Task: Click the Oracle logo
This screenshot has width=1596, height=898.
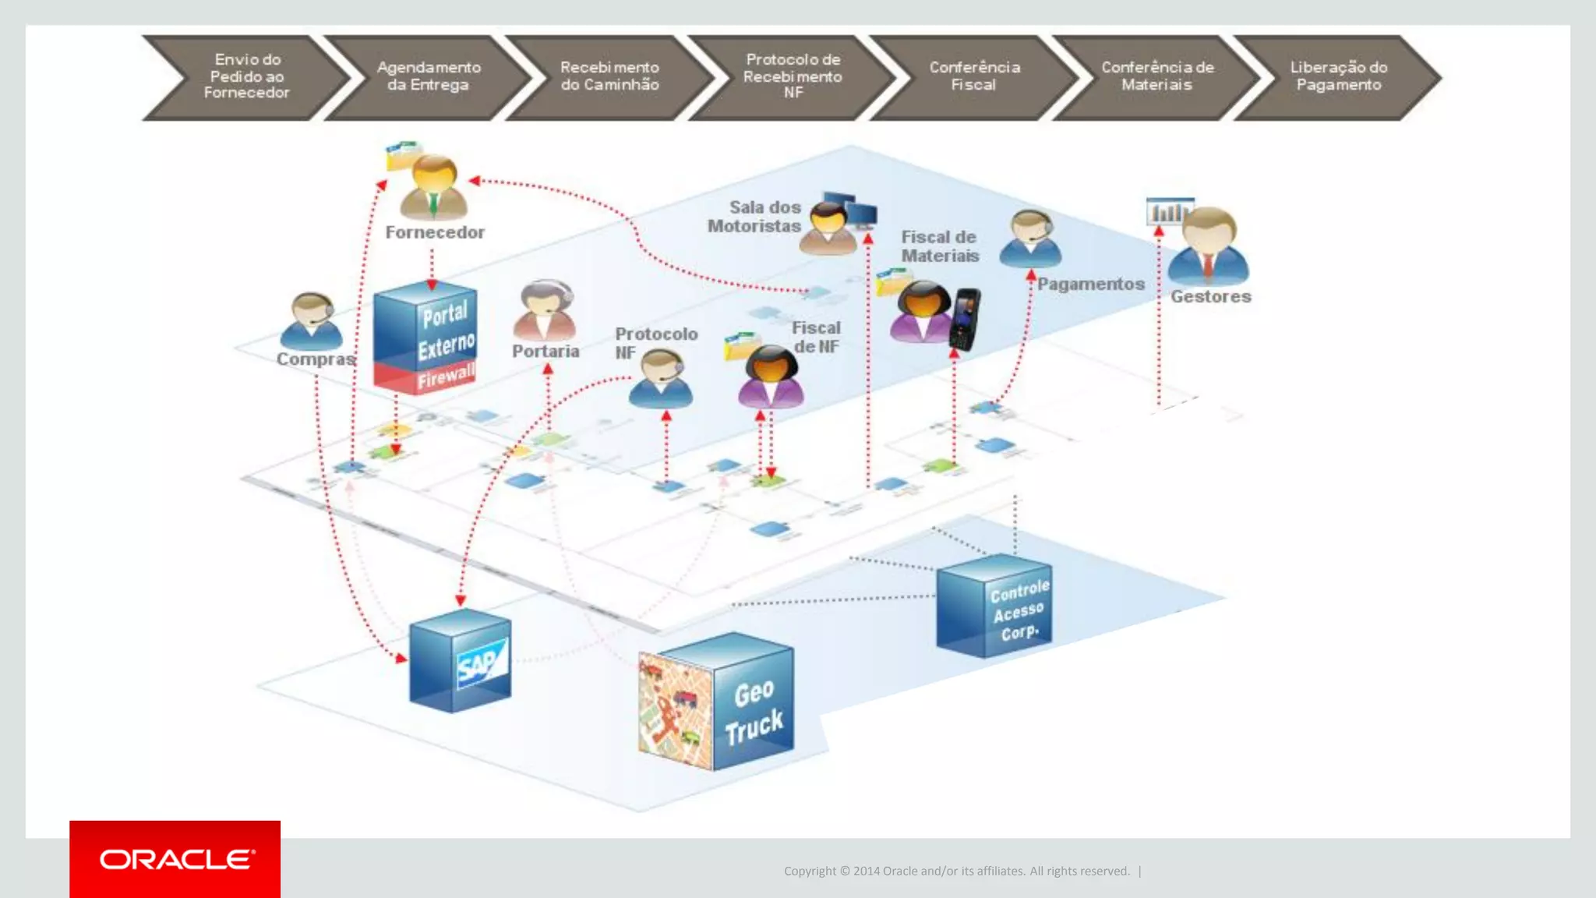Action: coord(175,859)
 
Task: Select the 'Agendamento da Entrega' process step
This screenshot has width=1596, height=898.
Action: coord(428,76)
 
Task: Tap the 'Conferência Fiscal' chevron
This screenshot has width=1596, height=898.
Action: coord(974,76)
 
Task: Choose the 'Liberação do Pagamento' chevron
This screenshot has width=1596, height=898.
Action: coord(1338,76)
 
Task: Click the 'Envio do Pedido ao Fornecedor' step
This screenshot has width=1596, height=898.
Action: coord(246,76)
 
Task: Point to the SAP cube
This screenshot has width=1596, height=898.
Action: coord(461,661)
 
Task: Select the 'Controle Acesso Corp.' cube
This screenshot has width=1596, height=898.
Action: coord(995,606)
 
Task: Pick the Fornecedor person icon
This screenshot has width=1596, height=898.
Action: coord(433,187)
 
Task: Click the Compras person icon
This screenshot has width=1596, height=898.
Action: coord(311,321)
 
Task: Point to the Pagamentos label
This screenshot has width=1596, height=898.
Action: coord(1090,285)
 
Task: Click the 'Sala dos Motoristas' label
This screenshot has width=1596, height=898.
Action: coord(754,217)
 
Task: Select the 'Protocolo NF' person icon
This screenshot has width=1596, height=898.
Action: coord(661,379)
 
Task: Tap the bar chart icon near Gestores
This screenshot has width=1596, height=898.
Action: coord(1168,211)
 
